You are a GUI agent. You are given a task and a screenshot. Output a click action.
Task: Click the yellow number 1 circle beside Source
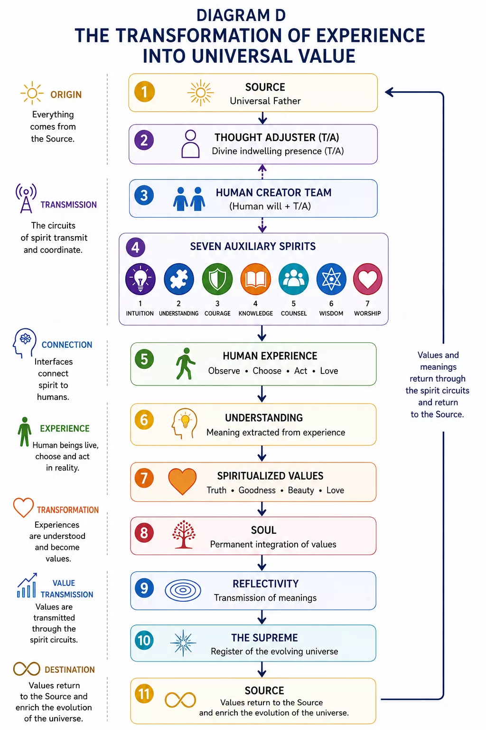[144, 92]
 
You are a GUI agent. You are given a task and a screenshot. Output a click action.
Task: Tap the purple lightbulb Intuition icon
[140, 279]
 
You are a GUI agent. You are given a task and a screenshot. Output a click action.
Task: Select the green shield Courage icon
[217, 279]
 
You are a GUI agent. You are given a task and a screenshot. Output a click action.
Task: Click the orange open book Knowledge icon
[255, 279]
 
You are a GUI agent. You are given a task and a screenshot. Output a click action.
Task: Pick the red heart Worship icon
[367, 279]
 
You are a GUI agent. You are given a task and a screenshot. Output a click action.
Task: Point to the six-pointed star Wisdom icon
[331, 279]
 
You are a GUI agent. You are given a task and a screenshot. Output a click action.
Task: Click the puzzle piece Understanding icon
[179, 279]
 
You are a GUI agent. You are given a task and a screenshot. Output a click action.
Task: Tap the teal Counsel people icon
[294, 279]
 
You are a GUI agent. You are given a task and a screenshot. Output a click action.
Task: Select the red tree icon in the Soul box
[184, 535]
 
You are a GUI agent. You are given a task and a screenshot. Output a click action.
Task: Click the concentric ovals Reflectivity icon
[183, 590]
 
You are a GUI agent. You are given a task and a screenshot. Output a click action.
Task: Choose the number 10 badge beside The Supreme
[144, 640]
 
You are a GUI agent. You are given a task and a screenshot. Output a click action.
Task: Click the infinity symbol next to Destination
[27, 669]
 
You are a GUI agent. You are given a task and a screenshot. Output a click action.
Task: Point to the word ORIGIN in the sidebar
[66, 95]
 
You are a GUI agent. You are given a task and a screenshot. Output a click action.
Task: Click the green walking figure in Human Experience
[186, 364]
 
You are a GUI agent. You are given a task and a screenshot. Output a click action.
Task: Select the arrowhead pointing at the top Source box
[389, 92]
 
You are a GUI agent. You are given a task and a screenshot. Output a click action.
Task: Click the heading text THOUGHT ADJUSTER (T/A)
[277, 137]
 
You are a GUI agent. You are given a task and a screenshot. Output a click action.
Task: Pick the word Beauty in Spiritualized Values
[301, 490]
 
